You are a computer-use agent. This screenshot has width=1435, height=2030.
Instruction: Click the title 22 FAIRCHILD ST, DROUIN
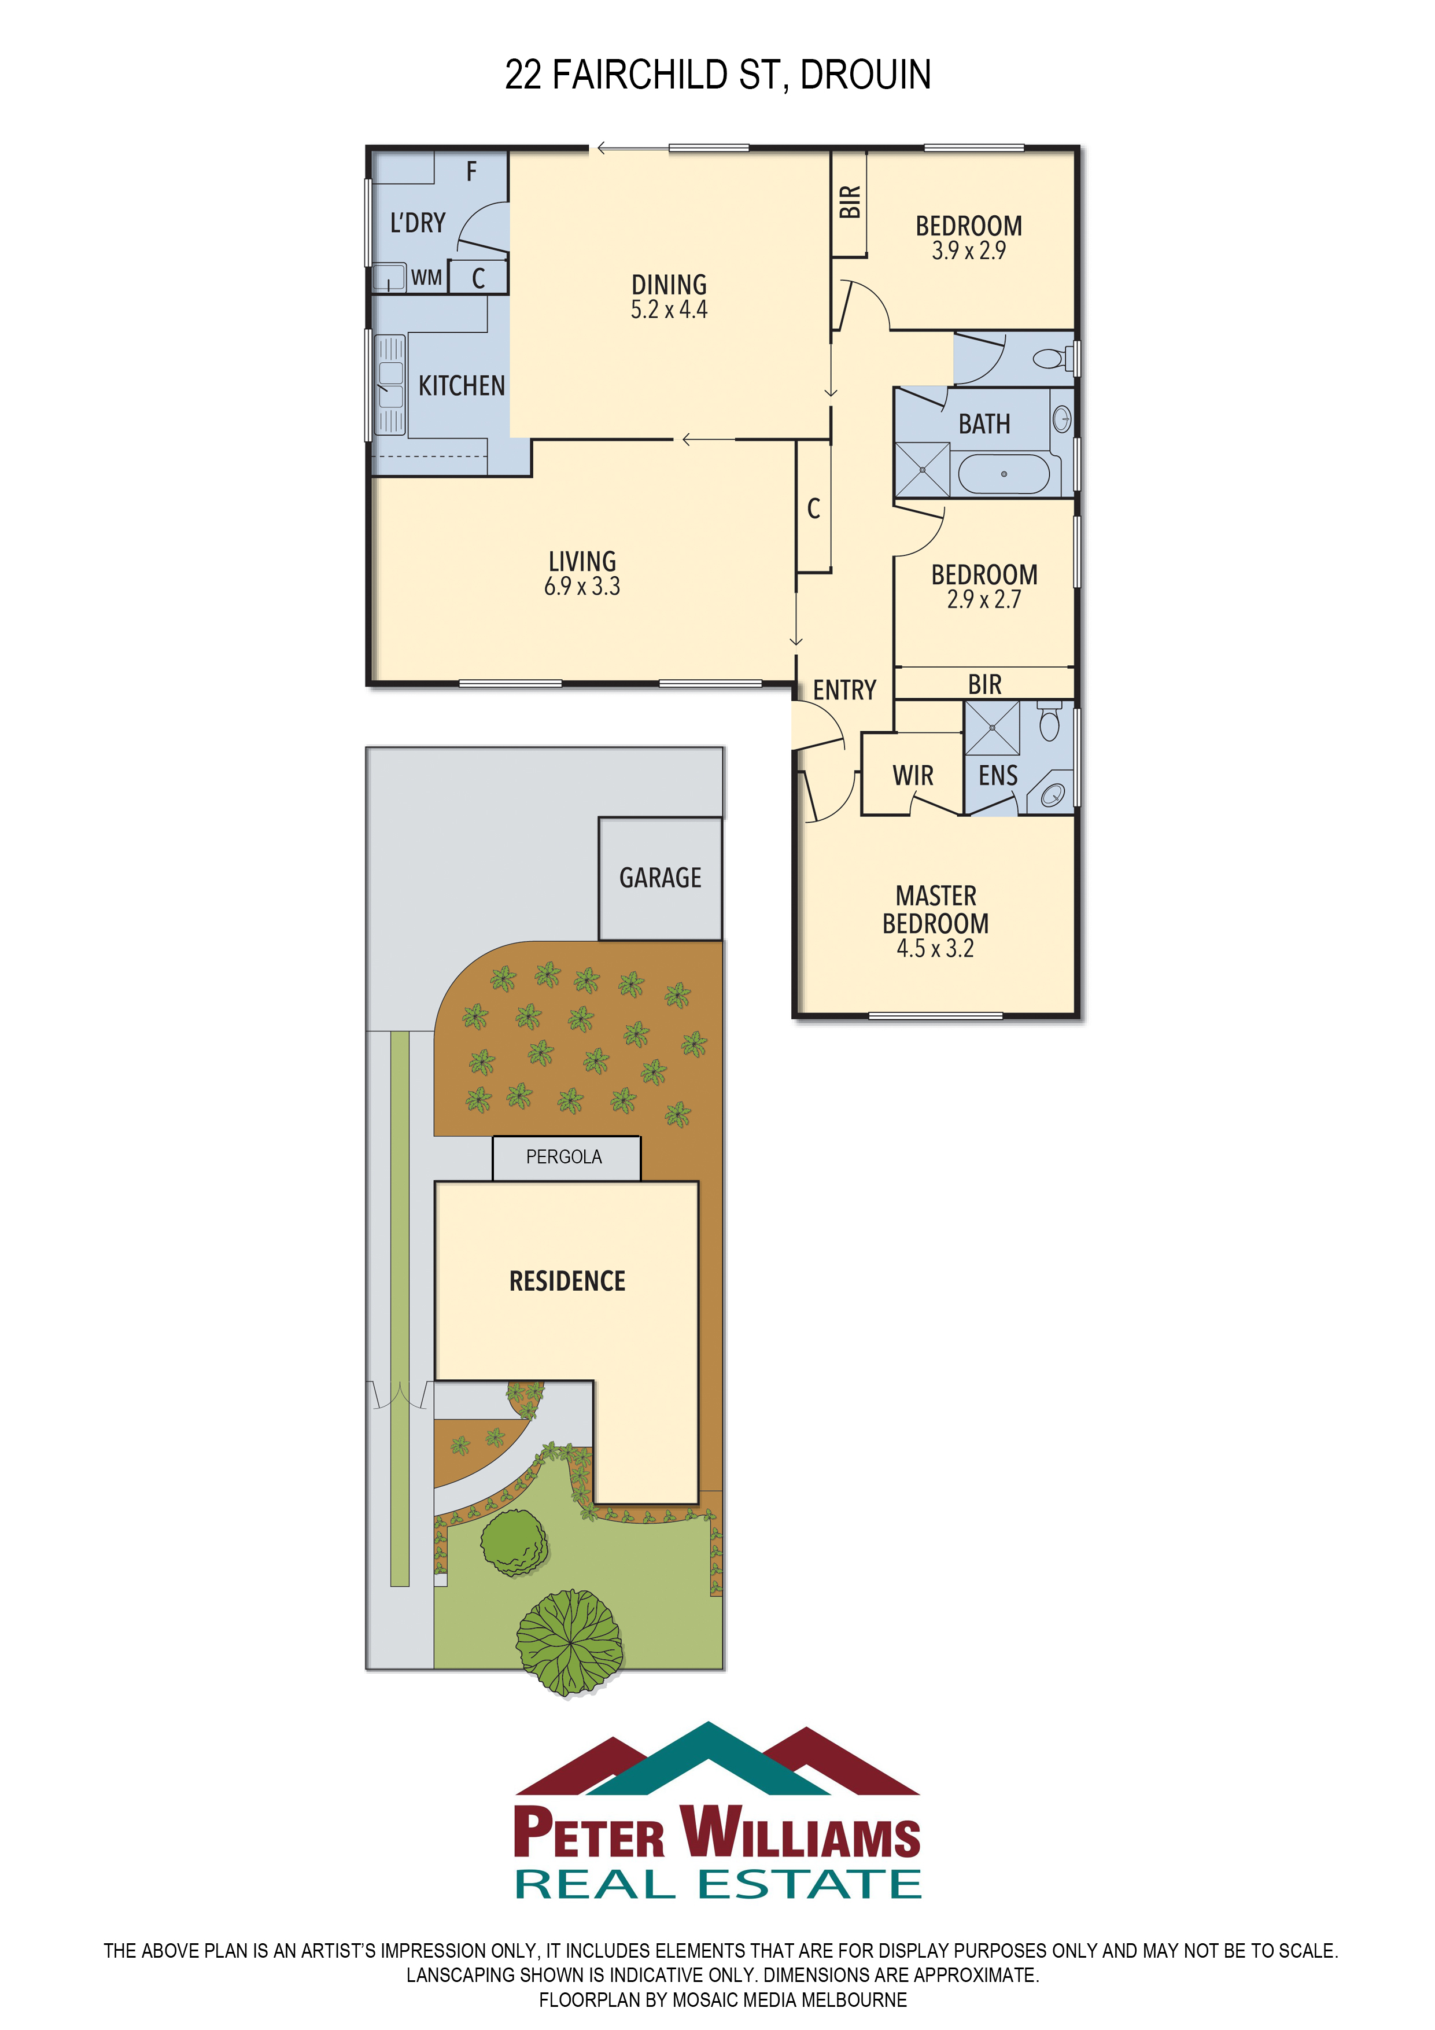tap(717, 75)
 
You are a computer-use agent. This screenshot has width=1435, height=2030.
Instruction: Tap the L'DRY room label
tap(418, 222)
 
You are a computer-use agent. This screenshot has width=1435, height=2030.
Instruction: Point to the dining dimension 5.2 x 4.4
tap(669, 310)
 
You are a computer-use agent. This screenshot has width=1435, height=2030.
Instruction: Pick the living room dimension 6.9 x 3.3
tap(582, 586)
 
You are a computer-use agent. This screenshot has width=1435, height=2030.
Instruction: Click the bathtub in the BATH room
tap(1004, 474)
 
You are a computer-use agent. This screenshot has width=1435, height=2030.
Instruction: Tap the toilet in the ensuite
tap(1050, 721)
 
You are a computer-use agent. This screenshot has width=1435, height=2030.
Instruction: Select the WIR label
tap(913, 775)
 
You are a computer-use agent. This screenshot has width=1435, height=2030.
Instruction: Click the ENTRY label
tap(844, 690)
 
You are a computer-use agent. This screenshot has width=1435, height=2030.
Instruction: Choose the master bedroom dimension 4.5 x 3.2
tap(935, 949)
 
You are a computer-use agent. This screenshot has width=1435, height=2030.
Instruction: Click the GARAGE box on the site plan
tap(661, 878)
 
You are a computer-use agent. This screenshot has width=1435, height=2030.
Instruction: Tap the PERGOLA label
tap(564, 1156)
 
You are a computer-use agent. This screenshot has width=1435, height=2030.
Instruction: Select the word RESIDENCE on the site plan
tap(567, 1281)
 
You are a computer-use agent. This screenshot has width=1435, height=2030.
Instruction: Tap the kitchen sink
tap(391, 385)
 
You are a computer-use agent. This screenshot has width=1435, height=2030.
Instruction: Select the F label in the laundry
tap(471, 171)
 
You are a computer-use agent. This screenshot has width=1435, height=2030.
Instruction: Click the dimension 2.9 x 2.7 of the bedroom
tap(984, 599)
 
